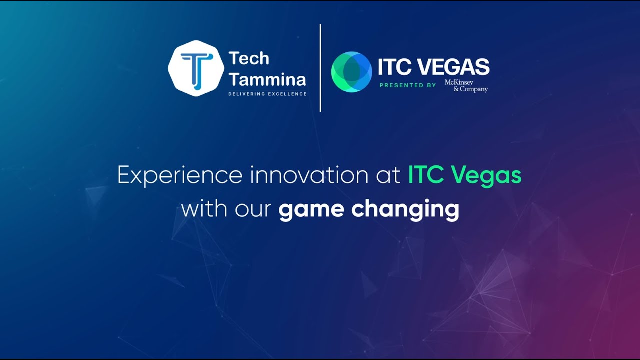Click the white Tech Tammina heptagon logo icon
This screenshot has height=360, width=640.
pos(196,68)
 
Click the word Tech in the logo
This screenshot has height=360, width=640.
pos(249,59)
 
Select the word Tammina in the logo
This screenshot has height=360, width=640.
pos(267,79)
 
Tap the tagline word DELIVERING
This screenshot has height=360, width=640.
pos(247,94)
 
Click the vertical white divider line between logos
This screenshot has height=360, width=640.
pos(320,68)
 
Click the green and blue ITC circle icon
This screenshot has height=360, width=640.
pos(351,72)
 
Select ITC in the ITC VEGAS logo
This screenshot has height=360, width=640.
pos(395,67)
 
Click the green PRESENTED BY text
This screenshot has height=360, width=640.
pos(408,85)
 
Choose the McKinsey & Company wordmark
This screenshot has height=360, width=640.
pos(466,86)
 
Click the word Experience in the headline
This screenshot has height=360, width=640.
pos(180,176)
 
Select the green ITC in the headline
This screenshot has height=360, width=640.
pos(426,175)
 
